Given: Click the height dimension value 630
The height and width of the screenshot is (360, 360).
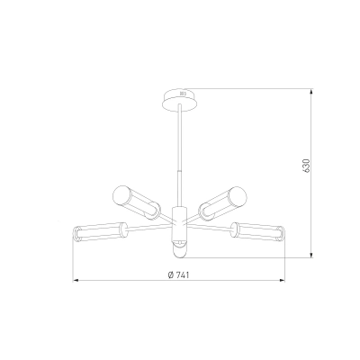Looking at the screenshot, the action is pyautogui.click(x=306, y=166).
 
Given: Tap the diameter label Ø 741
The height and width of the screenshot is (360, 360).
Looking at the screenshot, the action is pyautogui.click(x=179, y=274).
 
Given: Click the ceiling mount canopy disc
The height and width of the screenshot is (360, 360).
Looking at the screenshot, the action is pyautogui.click(x=180, y=100).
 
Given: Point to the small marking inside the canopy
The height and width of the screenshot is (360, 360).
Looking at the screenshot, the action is pyautogui.click(x=183, y=94).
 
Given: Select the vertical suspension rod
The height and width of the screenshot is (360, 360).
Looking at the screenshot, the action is pyautogui.click(x=179, y=156).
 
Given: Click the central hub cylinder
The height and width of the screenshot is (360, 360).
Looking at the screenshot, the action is pyautogui.click(x=179, y=224).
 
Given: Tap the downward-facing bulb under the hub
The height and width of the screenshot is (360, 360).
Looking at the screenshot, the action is pyautogui.click(x=179, y=250).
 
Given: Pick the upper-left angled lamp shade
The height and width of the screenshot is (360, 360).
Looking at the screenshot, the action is pyautogui.click(x=136, y=202).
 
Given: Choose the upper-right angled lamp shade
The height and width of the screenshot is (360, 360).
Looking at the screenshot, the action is pyautogui.click(x=223, y=202).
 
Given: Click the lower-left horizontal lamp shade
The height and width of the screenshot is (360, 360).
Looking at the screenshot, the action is pyautogui.click(x=100, y=232).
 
